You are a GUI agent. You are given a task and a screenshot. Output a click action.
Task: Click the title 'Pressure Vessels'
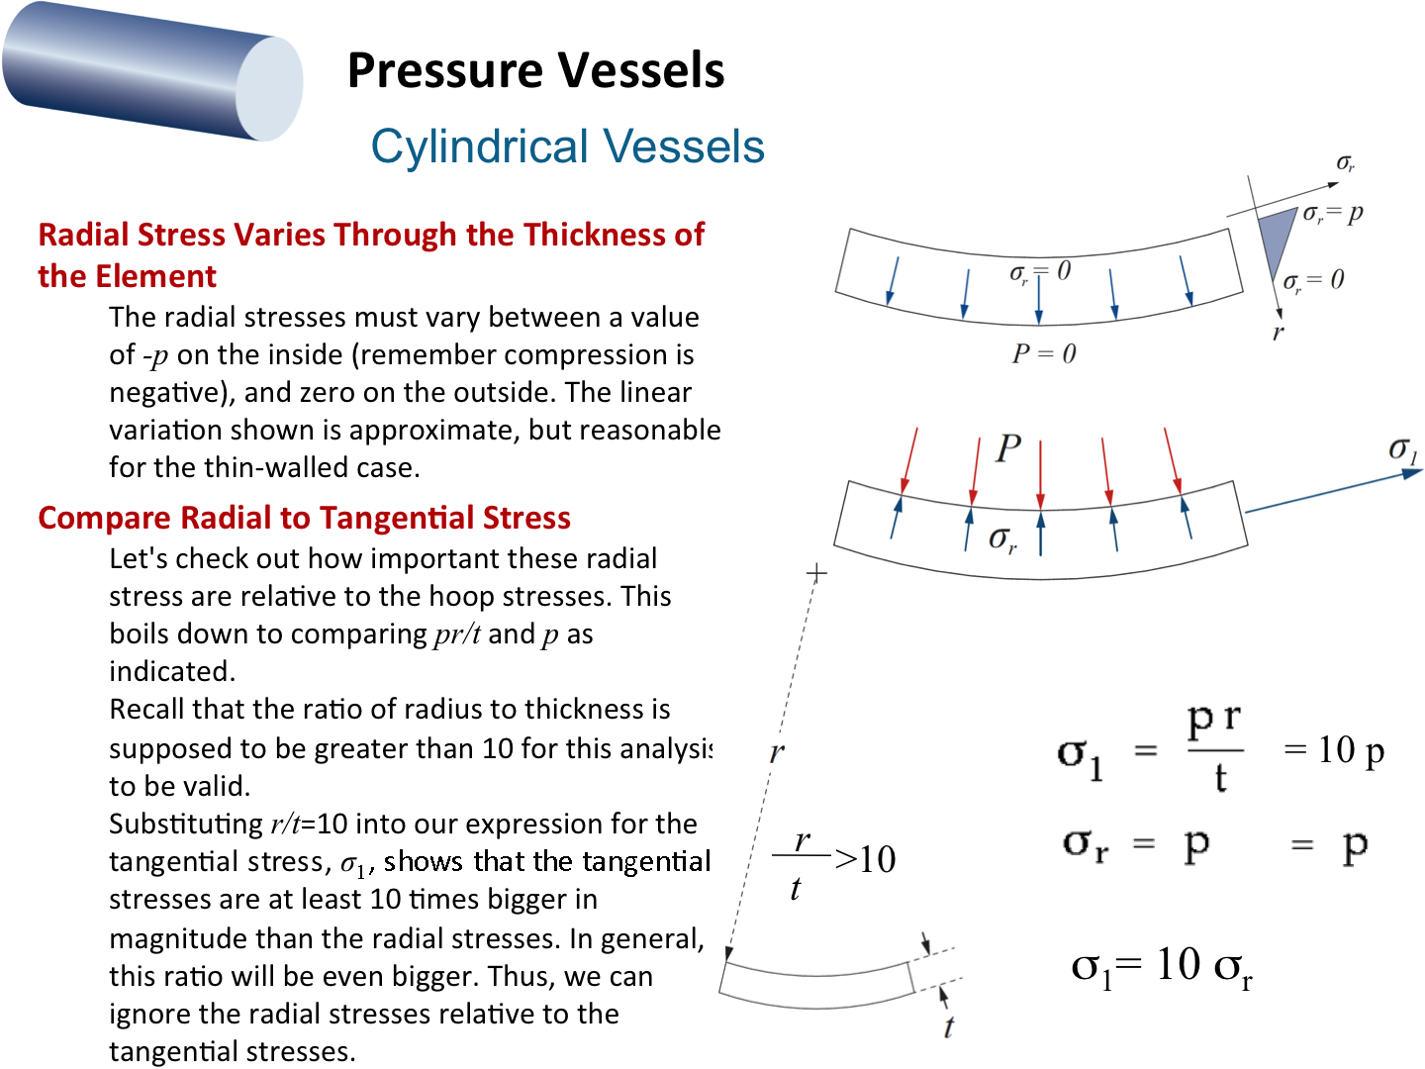click(x=535, y=70)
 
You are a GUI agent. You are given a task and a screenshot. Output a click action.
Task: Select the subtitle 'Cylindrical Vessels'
click(x=567, y=146)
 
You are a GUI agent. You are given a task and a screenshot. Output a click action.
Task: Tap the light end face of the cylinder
click(x=269, y=88)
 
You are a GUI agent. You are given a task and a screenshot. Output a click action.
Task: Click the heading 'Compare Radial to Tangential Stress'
click(x=304, y=518)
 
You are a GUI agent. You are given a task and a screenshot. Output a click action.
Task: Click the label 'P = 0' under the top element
click(x=1044, y=353)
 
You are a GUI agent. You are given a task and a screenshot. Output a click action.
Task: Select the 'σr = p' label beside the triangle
click(x=1333, y=213)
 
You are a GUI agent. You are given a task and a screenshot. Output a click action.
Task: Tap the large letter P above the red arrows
click(x=1008, y=447)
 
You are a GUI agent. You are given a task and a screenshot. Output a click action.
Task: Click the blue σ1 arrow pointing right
click(x=1333, y=491)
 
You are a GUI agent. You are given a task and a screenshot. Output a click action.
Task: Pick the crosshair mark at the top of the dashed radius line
click(x=816, y=573)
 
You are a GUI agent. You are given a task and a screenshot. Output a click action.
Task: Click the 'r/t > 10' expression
click(x=833, y=864)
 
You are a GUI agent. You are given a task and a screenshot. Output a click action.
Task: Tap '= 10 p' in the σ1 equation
click(x=1334, y=750)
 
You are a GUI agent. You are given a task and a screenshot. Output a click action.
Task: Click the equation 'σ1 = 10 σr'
click(x=1162, y=967)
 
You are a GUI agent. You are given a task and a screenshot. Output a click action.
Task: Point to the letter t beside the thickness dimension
click(x=949, y=1026)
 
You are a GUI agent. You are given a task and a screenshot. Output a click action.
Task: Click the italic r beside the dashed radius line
click(x=777, y=752)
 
